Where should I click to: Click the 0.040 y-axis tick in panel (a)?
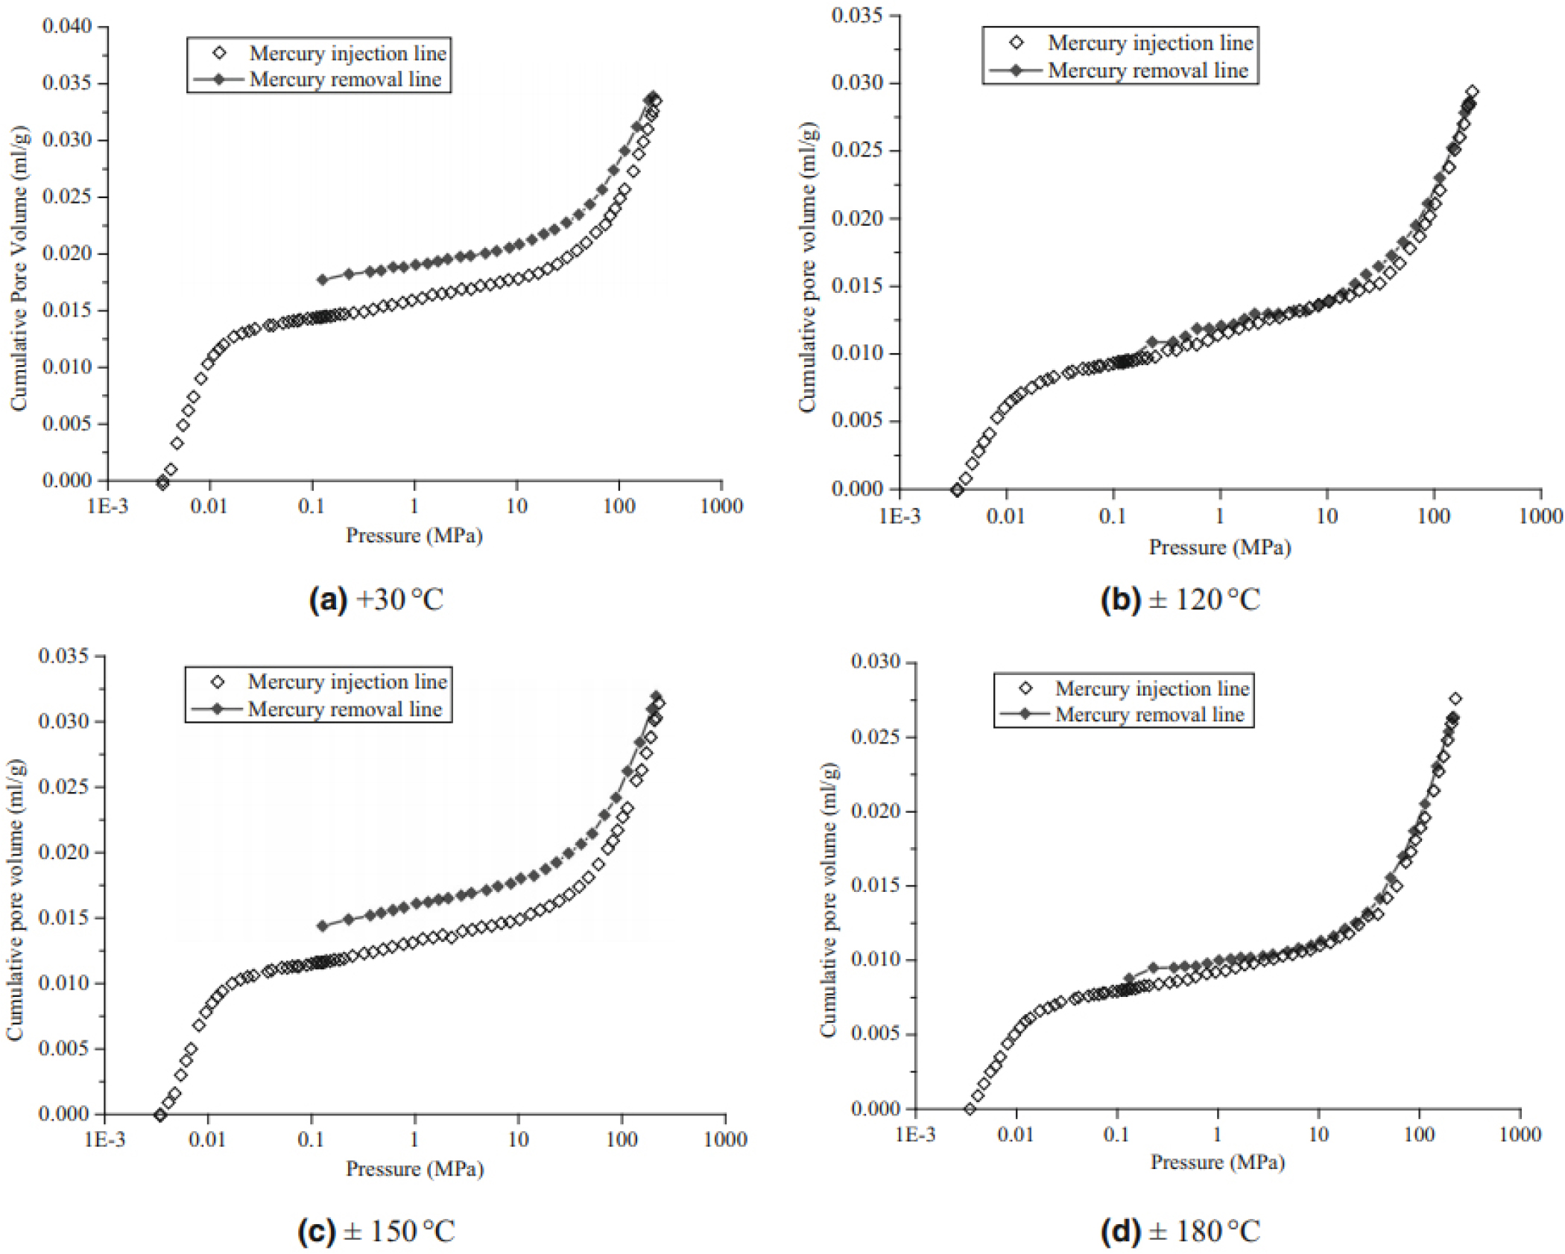click(x=67, y=27)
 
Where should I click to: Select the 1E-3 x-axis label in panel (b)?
click(x=900, y=516)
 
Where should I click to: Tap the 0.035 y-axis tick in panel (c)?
click(x=63, y=656)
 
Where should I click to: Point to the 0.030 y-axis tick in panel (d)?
click(x=876, y=662)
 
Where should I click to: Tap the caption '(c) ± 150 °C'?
click(x=376, y=1232)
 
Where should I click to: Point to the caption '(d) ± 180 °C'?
click(x=1180, y=1232)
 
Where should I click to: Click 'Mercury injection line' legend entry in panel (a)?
click(x=347, y=54)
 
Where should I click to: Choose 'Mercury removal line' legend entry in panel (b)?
click(x=1148, y=71)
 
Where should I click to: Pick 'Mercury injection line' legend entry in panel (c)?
click(x=347, y=682)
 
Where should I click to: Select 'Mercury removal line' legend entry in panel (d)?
click(x=1149, y=715)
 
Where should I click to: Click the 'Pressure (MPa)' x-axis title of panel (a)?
click(x=414, y=536)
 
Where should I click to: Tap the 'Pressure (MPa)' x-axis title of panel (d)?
click(x=1218, y=1162)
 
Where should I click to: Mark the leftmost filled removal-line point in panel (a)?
click(x=323, y=279)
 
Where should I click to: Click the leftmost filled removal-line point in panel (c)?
click(x=323, y=926)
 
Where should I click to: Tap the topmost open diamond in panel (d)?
click(x=1455, y=699)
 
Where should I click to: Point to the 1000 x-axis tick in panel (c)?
click(x=725, y=1139)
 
